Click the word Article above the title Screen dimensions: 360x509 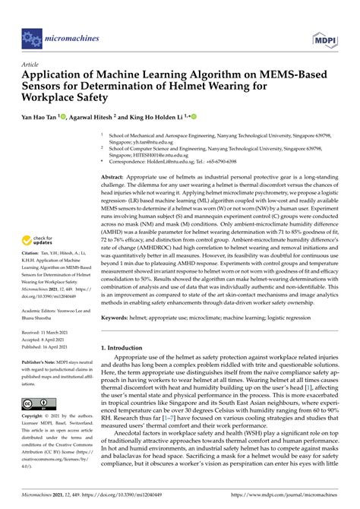point(31,65)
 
